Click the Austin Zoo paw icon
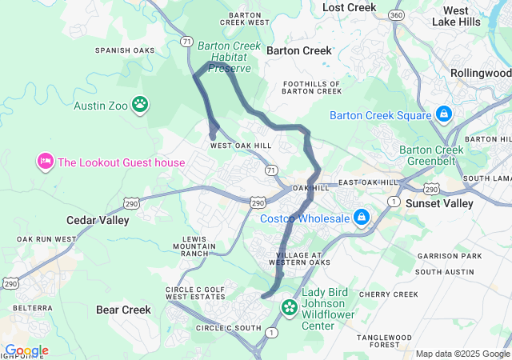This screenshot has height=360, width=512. [x=140, y=103]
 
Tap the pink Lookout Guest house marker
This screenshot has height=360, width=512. [x=45, y=162]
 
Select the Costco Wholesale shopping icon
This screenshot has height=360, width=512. [x=362, y=217]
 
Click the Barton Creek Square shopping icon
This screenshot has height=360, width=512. [x=443, y=114]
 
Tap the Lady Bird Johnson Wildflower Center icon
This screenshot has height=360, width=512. [x=288, y=306]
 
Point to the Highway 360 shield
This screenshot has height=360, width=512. [x=394, y=16]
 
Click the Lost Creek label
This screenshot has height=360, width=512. [x=349, y=7]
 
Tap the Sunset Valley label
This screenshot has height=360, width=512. [x=439, y=203]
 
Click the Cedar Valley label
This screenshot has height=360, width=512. [x=92, y=220]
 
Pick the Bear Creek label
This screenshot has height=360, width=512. [x=123, y=310]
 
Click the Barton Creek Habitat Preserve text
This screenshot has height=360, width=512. [x=230, y=57]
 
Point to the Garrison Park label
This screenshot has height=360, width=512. [x=454, y=256]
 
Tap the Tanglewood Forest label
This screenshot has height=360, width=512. [x=389, y=342]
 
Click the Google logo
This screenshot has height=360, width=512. [x=26, y=350]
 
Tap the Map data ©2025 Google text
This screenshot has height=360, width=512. [x=462, y=354]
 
